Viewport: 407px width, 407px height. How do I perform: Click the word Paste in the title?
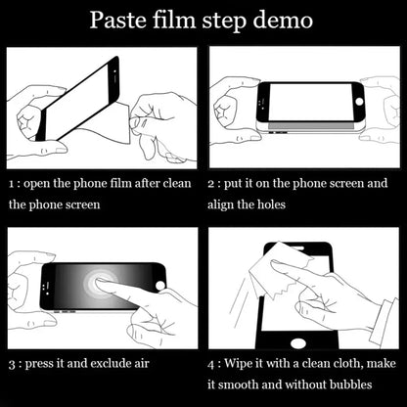click(x=118, y=20)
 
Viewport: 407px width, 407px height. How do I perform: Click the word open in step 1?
click(x=39, y=183)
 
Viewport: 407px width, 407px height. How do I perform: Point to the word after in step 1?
click(x=157, y=183)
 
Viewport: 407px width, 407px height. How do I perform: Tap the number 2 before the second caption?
click(x=212, y=183)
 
